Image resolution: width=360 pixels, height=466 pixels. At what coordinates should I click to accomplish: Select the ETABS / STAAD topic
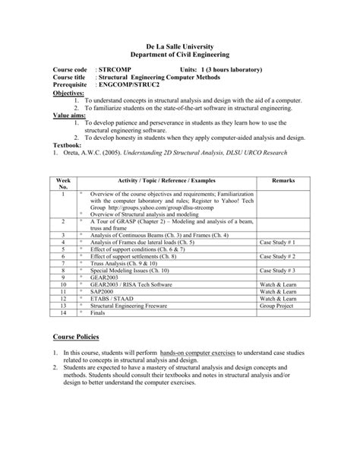pyautogui.click(x=113, y=298)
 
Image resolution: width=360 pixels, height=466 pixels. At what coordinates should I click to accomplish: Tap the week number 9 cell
pyautogui.click(x=61, y=277)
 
